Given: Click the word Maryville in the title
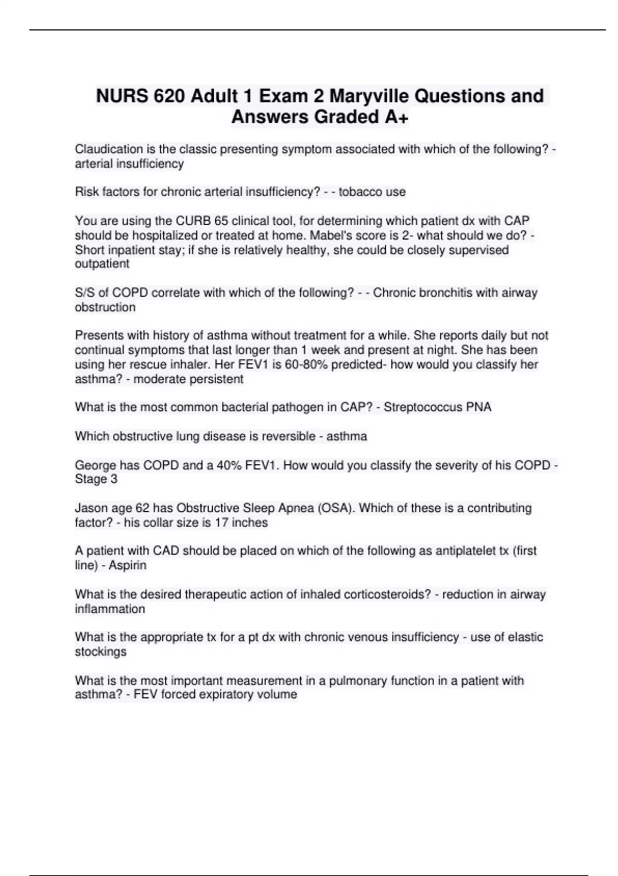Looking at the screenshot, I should click(369, 96).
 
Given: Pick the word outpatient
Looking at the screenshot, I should click(102, 264).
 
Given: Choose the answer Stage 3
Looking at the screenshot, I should click(96, 479).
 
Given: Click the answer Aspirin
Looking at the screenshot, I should click(127, 565).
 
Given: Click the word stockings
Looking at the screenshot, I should click(100, 652).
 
